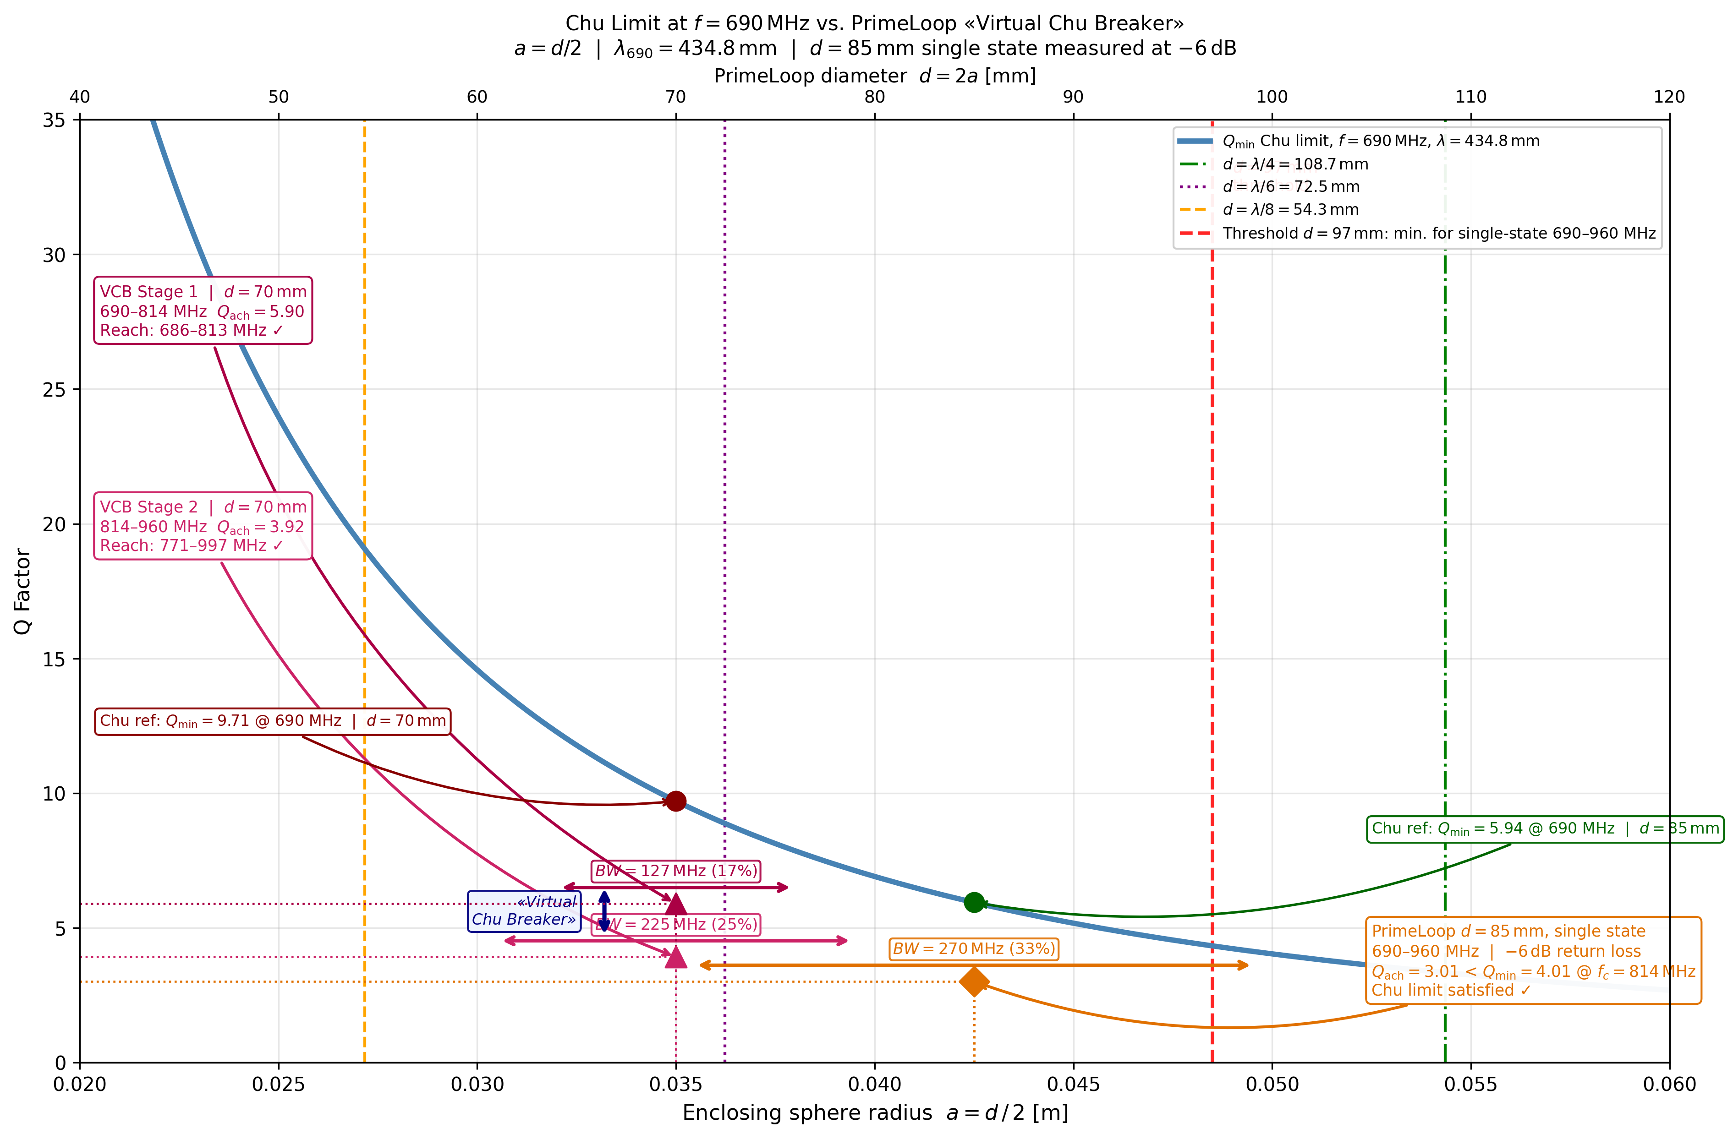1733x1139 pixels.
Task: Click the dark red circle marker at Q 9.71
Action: coord(676,801)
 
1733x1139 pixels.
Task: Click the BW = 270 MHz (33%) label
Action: coord(974,949)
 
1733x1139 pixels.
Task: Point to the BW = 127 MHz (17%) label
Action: coord(676,871)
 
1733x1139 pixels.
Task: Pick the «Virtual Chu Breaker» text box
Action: coord(524,910)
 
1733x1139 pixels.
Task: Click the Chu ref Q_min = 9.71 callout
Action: coord(272,721)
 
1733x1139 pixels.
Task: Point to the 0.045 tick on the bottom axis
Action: coord(1073,1085)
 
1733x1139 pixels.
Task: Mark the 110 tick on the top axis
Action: coord(1470,97)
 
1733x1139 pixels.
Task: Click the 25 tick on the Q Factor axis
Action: coord(54,389)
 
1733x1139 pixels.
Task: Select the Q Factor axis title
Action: coord(22,591)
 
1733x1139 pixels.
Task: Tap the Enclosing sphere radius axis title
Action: coord(874,1113)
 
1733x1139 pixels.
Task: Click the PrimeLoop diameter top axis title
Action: coord(874,76)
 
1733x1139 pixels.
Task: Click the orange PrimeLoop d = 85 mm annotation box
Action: coord(1533,961)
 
